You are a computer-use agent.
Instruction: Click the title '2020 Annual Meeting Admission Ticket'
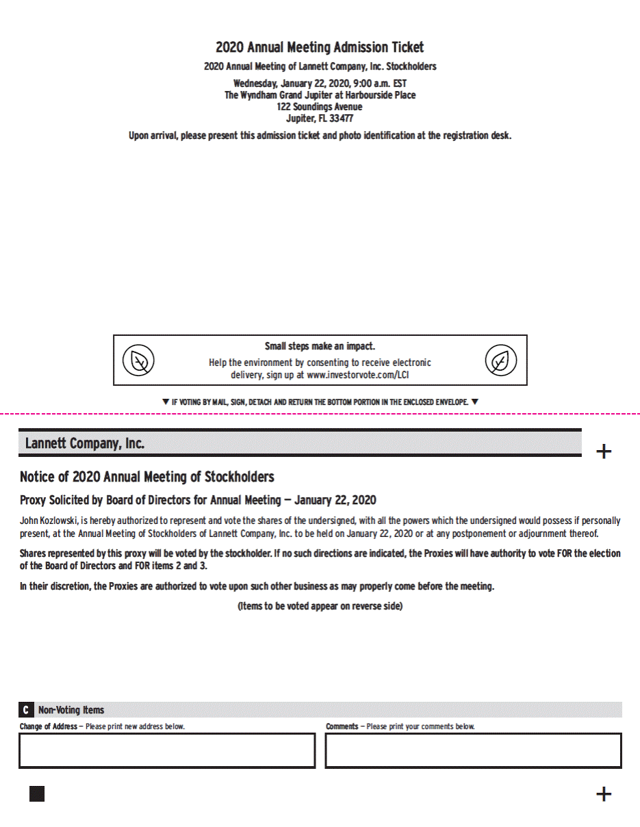click(320, 47)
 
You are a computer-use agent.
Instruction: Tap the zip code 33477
click(342, 118)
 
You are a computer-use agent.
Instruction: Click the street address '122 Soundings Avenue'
click(320, 107)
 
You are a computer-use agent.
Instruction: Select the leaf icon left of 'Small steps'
click(138, 360)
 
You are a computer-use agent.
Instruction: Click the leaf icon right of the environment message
click(501, 360)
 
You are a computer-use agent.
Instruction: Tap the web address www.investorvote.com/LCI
click(358, 375)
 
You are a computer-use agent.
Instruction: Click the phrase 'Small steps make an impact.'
click(320, 346)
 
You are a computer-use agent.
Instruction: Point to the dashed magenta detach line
click(320, 414)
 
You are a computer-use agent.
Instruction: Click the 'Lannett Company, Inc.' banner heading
click(85, 443)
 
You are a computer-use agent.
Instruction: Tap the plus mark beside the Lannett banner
click(604, 451)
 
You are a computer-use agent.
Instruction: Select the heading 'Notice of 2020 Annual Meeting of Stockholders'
click(147, 477)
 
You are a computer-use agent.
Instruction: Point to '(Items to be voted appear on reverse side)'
click(320, 607)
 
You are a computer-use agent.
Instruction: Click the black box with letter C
click(26, 710)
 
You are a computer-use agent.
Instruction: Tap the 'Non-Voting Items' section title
click(71, 710)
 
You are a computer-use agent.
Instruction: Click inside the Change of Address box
click(167, 750)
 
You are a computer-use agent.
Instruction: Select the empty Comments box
click(473, 750)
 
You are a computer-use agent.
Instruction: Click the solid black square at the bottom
click(37, 793)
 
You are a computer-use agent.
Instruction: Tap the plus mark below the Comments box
click(604, 793)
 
